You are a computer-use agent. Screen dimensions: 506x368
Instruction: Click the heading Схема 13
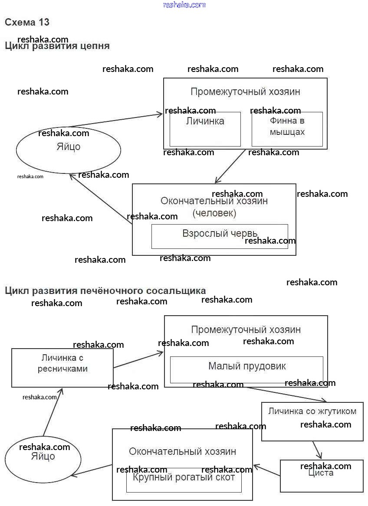coord(27,22)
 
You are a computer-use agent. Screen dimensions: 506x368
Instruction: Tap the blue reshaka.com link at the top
coord(184,5)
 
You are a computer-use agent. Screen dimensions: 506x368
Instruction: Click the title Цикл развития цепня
coord(57,46)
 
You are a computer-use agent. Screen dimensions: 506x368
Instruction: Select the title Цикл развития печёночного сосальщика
coord(105,291)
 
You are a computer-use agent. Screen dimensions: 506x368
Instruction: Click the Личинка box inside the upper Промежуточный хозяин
coord(205,129)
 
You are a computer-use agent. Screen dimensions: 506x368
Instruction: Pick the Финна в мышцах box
coord(287,129)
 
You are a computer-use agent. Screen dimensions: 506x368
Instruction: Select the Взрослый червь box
coord(220,236)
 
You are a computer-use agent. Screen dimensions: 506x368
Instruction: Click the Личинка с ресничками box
coord(62,368)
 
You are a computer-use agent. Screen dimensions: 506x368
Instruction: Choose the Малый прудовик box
coord(246,369)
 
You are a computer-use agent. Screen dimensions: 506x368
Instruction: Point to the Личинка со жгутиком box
coord(312,421)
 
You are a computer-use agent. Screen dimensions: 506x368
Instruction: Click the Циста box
coord(321,476)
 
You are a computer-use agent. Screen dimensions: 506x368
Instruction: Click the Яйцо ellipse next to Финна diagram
coord(68,150)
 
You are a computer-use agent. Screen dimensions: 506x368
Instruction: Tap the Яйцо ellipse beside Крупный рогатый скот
coord(43,459)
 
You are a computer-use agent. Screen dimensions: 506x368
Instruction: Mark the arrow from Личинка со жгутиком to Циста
coord(317,450)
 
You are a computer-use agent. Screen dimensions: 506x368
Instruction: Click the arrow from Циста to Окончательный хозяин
coord(267,471)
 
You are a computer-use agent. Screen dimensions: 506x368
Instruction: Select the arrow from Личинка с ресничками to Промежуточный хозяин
coord(138,360)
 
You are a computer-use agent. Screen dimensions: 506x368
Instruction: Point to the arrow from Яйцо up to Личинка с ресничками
coord(53,412)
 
